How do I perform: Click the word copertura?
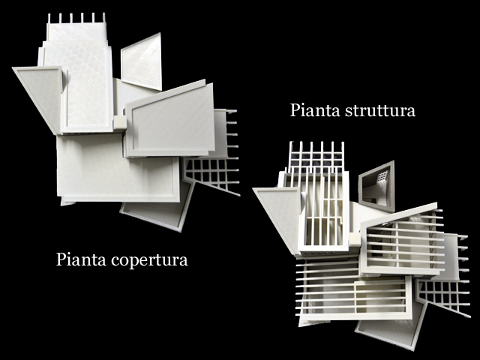click(x=149, y=260)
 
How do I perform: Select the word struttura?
click(x=380, y=110)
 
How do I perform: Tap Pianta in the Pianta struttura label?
click(x=315, y=110)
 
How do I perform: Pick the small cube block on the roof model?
click(x=120, y=123)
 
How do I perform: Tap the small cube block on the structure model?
click(x=355, y=239)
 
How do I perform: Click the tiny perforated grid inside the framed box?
click(x=382, y=176)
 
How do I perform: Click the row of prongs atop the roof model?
click(x=76, y=18)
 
